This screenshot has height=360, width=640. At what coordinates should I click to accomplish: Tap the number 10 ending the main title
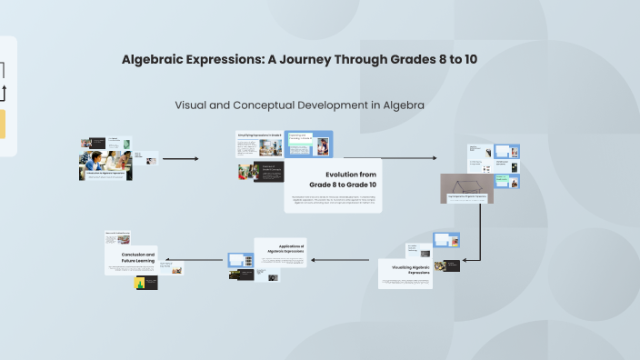469,60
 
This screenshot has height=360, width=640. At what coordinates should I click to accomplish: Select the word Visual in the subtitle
193,105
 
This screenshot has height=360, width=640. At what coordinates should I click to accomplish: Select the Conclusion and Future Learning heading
138,258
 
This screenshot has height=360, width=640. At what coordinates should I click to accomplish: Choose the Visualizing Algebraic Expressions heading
406,268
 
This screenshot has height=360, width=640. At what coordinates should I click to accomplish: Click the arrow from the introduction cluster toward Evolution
180,159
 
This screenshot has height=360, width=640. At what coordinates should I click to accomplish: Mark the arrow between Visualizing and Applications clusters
343,260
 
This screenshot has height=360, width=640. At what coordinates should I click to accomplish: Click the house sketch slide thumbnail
466,187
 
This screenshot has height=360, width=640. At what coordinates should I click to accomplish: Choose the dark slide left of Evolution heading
267,172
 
